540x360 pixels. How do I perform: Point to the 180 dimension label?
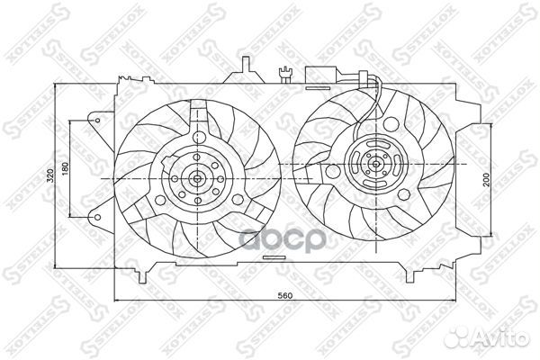(x=65, y=167)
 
